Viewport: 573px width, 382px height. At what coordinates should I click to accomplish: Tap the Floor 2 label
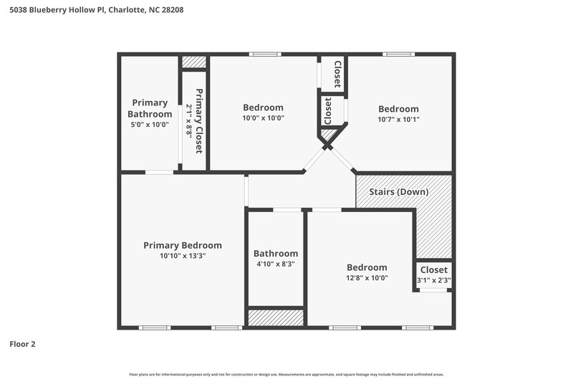pyautogui.click(x=22, y=344)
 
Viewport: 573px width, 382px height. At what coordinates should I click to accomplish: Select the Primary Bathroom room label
pyautogui.click(x=150, y=108)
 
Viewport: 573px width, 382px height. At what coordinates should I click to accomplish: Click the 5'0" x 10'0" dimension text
pyautogui.click(x=150, y=125)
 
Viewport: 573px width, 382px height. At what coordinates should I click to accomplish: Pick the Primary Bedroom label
pyautogui.click(x=183, y=245)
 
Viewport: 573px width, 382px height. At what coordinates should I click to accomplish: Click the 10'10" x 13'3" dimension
pyautogui.click(x=183, y=256)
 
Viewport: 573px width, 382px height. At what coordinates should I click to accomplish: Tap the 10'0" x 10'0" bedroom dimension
pyautogui.click(x=263, y=118)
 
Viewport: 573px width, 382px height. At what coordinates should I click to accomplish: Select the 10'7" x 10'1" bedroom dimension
pyautogui.click(x=398, y=120)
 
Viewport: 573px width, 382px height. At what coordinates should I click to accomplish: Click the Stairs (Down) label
pyautogui.click(x=398, y=192)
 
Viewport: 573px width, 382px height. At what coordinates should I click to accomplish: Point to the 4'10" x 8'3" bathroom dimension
pyautogui.click(x=276, y=264)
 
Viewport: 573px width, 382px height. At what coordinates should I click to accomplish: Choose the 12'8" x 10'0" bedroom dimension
pyautogui.click(x=367, y=278)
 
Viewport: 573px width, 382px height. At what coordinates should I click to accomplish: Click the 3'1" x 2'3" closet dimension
pyautogui.click(x=434, y=280)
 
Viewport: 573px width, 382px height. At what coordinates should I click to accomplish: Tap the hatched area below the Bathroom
pyautogui.click(x=276, y=317)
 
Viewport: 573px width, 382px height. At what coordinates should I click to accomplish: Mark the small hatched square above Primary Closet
pyautogui.click(x=193, y=62)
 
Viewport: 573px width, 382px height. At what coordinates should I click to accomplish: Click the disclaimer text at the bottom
pyautogui.click(x=286, y=374)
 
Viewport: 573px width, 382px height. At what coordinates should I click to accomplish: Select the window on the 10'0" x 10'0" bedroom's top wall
pyautogui.click(x=265, y=54)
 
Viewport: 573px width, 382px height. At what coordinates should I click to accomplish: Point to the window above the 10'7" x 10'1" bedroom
pyautogui.click(x=398, y=54)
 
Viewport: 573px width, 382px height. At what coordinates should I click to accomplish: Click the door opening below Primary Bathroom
pyautogui.click(x=160, y=172)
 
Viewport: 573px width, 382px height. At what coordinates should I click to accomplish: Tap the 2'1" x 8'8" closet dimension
pyautogui.click(x=189, y=120)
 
